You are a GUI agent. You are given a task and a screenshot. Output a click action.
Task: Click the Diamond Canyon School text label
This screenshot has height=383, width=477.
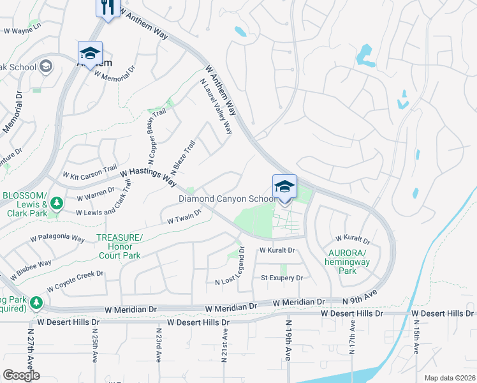tap(227, 199)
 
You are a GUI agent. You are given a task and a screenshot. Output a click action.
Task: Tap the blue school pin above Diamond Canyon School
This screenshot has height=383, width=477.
tap(284, 187)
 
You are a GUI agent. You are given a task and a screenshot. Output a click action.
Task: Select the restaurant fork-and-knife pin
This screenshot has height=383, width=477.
tap(107, 8)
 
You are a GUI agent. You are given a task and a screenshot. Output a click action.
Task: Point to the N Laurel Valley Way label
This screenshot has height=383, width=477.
tap(216, 106)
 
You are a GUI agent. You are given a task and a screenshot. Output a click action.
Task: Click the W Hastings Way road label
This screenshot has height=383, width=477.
tap(147, 176)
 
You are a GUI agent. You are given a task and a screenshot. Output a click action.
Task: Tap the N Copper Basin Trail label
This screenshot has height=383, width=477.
tap(156, 133)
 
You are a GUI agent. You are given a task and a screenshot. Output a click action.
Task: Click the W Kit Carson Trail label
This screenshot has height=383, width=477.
tap(89, 172)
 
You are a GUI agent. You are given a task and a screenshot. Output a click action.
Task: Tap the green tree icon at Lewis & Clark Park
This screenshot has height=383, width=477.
tap(57, 203)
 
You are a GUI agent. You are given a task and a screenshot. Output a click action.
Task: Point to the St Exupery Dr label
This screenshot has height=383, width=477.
tap(281, 278)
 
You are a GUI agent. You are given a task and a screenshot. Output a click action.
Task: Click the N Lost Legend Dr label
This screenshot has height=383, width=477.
tap(231, 266)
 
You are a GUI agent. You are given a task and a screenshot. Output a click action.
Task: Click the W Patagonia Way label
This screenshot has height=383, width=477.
tap(57, 239)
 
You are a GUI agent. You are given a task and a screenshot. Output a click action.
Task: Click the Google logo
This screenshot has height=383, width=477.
tap(21, 375)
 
